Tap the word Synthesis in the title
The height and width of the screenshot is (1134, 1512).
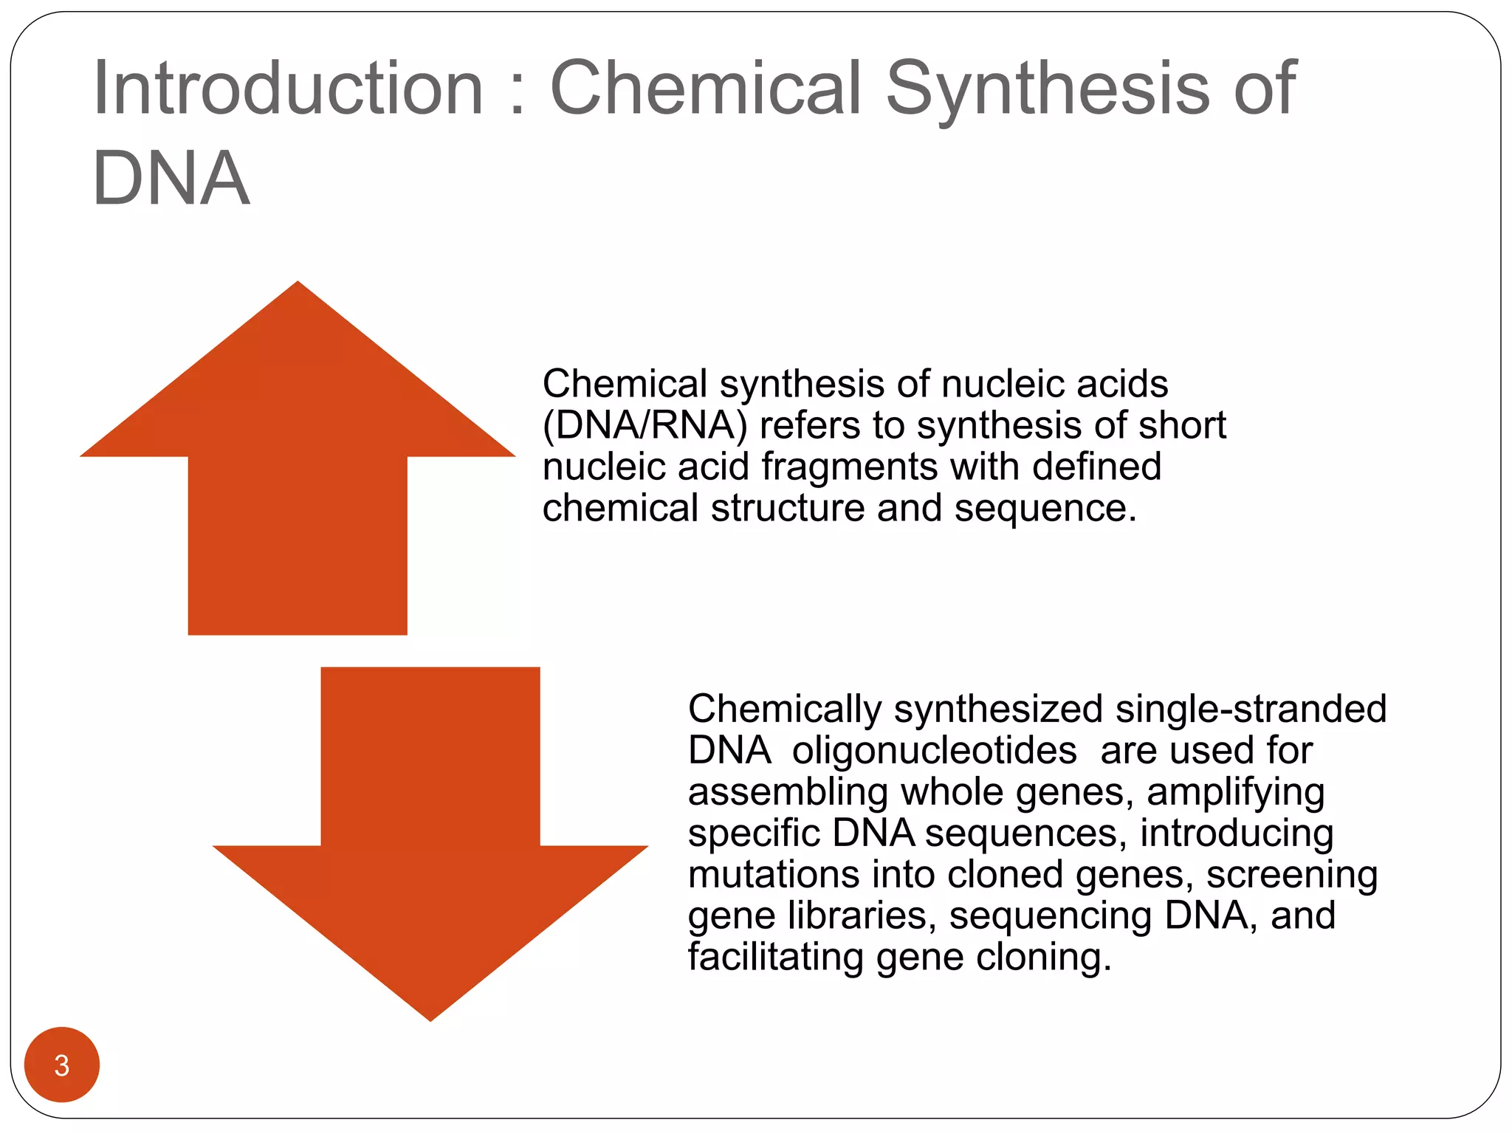(x=1048, y=90)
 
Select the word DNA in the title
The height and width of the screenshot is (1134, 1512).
(x=171, y=179)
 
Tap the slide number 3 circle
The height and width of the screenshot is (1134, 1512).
(x=62, y=1065)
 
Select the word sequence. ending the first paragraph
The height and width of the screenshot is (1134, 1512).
(x=1045, y=509)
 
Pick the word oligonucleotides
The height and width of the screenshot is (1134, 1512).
(x=934, y=751)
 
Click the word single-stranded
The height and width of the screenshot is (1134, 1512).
(x=1251, y=709)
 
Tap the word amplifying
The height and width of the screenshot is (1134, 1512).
(x=1235, y=792)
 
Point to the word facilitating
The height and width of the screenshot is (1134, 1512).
(x=775, y=958)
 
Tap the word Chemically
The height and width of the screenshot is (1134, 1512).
(x=785, y=709)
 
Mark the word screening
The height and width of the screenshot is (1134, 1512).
(x=1292, y=875)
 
